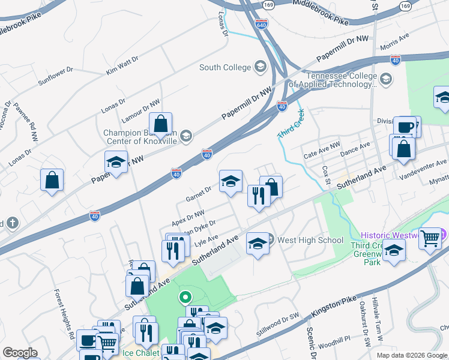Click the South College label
224,67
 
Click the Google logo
20,352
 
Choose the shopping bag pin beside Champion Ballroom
161,124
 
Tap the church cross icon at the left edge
12,224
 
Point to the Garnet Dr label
199,192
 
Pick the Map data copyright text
402,355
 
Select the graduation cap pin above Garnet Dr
231,182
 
